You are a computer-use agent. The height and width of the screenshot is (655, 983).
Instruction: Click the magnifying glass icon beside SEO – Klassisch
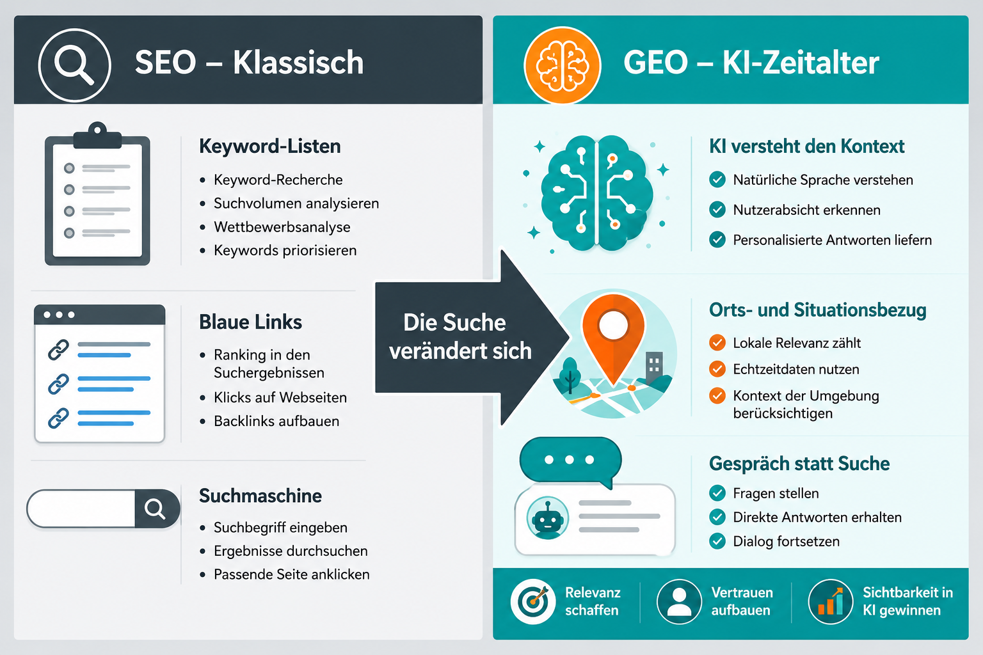[x=74, y=65]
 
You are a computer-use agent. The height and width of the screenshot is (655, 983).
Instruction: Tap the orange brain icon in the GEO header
[x=562, y=65]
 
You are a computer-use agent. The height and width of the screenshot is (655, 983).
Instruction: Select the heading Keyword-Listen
[x=270, y=146]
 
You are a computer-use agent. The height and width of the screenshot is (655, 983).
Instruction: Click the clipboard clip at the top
[x=97, y=136]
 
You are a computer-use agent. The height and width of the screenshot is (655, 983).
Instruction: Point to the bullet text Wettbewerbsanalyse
[x=282, y=227]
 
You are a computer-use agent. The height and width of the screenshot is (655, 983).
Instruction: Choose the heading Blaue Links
[x=251, y=322]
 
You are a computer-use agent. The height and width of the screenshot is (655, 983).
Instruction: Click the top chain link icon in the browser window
[x=58, y=350]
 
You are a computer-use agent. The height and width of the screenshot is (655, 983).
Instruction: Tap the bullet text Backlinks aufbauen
[x=276, y=421]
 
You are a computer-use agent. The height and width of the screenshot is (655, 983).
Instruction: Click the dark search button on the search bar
[x=157, y=509]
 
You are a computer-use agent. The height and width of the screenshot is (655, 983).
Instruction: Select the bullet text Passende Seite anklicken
[x=292, y=574]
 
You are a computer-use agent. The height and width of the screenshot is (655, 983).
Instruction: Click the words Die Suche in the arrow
[x=454, y=322]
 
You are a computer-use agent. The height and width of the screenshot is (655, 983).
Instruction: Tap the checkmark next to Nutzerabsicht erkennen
[x=717, y=210]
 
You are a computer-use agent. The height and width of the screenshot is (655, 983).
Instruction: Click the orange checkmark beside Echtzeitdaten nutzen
[x=717, y=369]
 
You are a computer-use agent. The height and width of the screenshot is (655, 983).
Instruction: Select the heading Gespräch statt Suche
[x=799, y=463]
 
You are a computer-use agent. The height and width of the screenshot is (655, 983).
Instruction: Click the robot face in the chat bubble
[x=547, y=518]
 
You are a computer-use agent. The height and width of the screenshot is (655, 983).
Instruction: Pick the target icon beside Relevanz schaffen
[x=532, y=601]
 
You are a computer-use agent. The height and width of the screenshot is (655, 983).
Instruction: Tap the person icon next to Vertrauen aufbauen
[x=679, y=601]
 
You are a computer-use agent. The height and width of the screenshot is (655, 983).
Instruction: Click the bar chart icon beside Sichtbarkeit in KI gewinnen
[x=830, y=601]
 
